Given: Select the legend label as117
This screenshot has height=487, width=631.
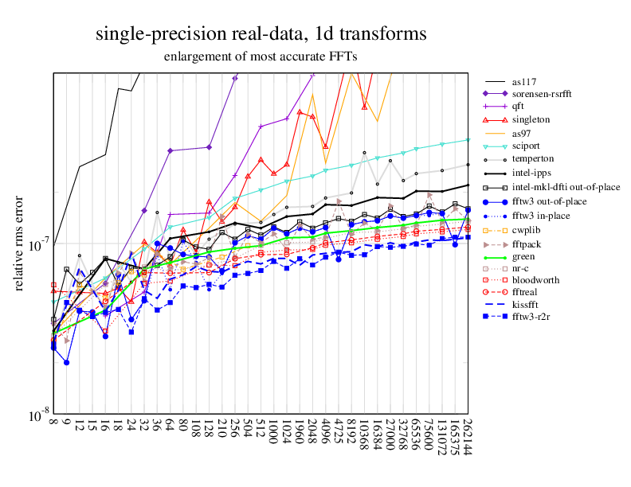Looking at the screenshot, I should tap(523, 80).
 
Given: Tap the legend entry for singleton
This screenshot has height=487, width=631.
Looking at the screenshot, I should tap(528, 119).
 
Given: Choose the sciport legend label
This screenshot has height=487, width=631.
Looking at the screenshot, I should tap(526, 146).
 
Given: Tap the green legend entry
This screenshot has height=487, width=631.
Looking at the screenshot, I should tap(523, 256).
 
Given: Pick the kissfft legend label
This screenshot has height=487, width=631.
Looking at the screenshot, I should tap(526, 306).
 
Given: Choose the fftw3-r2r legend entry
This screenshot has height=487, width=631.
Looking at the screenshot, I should tap(531, 318).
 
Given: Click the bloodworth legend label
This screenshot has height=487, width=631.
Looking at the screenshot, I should tap(534, 280).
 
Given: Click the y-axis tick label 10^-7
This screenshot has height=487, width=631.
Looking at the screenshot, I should tap(39, 245).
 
